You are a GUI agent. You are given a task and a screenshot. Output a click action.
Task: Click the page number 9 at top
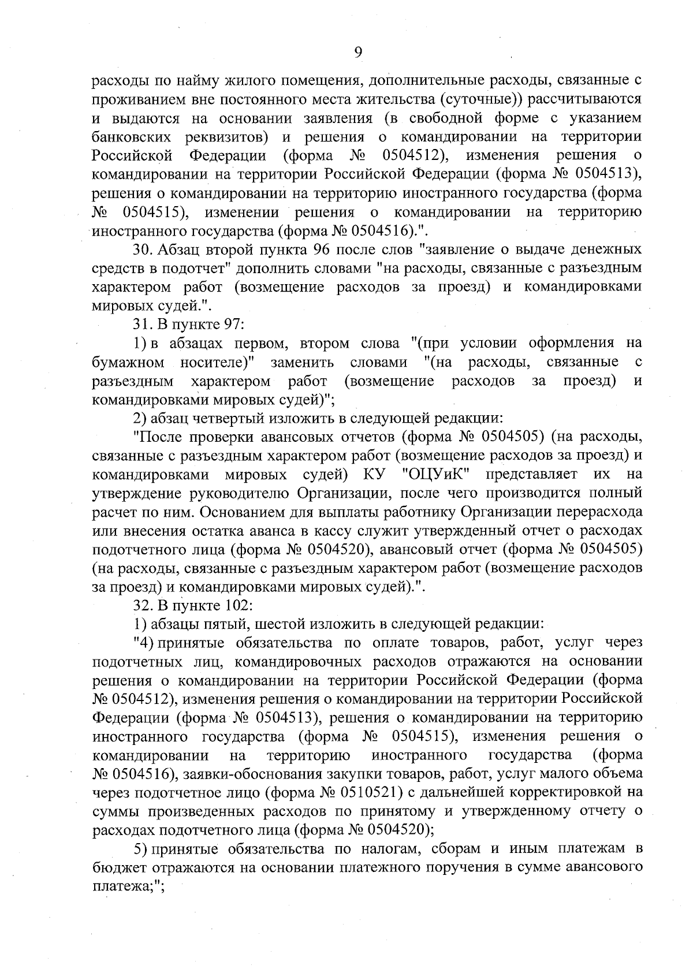[358, 53]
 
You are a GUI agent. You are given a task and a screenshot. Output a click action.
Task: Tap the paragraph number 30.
[142, 250]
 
